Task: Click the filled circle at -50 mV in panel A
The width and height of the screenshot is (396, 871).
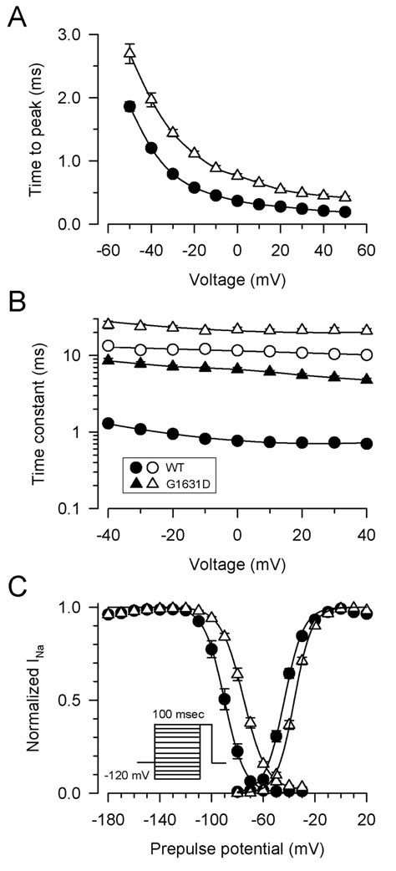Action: tap(129, 106)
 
